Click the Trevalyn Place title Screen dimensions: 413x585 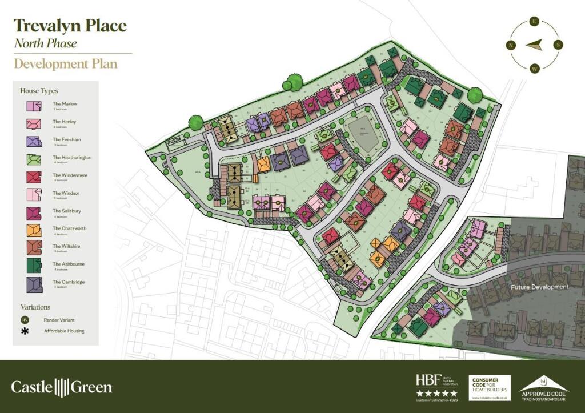(70, 26)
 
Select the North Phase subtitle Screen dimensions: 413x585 (45, 43)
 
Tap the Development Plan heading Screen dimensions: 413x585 (65, 63)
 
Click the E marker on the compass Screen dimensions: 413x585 (535, 22)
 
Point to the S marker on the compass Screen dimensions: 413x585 (558, 45)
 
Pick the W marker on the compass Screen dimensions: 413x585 (535, 68)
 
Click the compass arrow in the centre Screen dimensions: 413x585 (535, 45)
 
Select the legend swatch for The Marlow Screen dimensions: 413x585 (33, 106)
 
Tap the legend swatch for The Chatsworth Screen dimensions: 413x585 (33, 230)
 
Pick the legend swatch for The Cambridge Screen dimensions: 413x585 (33, 283)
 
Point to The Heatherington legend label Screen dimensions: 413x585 (72, 157)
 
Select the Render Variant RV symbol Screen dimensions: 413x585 (25, 319)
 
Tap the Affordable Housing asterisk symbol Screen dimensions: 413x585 (25, 331)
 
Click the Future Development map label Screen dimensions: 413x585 (540, 287)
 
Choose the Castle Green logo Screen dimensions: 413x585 (62, 387)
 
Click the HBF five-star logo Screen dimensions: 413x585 (436, 386)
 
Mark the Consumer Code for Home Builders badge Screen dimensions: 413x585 (489, 387)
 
